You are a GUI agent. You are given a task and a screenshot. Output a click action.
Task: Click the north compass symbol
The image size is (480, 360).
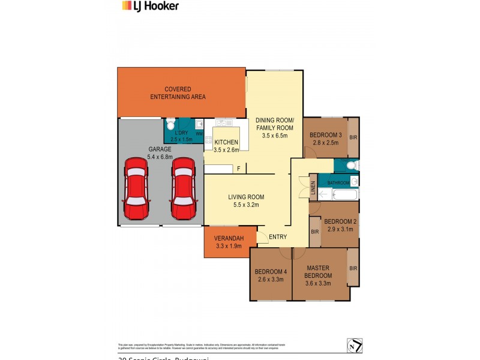coord(355,346)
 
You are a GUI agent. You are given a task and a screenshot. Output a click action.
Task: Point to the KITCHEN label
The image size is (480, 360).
coord(226,142)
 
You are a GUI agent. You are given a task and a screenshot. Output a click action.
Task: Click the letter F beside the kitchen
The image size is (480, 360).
coord(238,169)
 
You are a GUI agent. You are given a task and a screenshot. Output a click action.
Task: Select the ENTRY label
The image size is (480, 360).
coord(277,237)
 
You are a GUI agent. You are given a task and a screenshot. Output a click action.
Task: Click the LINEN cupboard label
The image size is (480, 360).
coord(313,188)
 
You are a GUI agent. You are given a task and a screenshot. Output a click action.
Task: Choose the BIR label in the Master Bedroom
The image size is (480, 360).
coord(353,268)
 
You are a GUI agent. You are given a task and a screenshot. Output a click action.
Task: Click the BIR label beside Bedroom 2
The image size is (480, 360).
coord(315,231)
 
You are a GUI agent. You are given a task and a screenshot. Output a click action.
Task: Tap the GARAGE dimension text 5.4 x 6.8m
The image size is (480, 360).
coord(143,157)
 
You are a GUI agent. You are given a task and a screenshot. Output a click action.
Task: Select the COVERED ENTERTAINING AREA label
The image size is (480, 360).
coord(178,92)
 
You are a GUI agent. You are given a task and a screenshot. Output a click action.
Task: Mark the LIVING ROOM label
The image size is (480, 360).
coord(246,197)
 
